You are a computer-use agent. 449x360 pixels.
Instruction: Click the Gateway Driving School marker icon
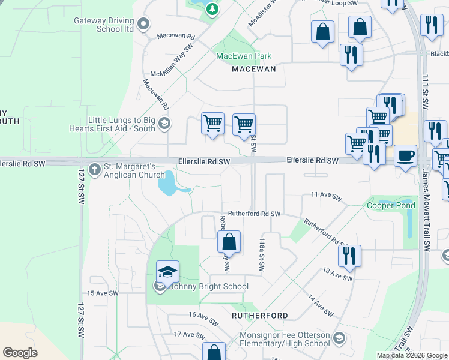point(143,25)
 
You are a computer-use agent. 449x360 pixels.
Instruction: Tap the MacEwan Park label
point(244,56)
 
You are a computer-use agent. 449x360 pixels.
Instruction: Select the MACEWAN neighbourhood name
point(254,69)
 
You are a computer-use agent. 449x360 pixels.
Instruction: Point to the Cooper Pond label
point(391,205)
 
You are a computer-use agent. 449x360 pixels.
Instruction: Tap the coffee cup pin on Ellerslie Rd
point(405,156)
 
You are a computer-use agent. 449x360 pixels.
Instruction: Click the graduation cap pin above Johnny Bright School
point(168,272)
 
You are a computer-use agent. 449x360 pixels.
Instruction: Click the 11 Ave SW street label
point(326,196)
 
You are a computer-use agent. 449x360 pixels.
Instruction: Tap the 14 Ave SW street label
point(321,305)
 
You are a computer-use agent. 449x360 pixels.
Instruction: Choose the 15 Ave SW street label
point(103,293)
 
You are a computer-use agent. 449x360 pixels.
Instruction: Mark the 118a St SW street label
point(262,254)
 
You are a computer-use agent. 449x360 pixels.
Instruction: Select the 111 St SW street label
point(425,91)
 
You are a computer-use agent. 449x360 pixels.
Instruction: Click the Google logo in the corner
point(20,352)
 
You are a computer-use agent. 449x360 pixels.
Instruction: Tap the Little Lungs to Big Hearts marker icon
point(164,125)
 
